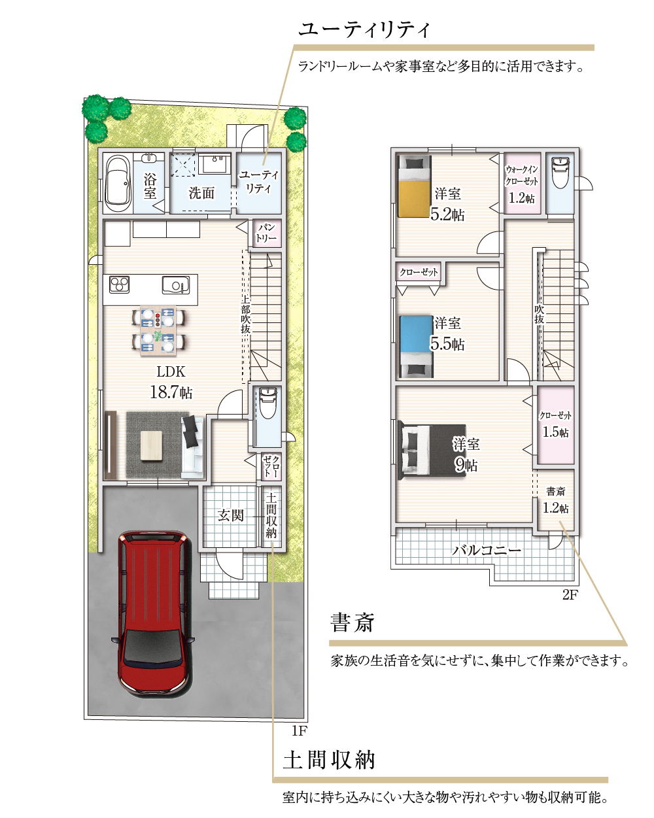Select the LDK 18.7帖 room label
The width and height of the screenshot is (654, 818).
[171, 383]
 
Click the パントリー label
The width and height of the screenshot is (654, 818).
[266, 233]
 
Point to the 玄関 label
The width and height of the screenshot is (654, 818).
[230, 515]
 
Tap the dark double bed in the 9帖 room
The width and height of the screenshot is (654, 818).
[432, 450]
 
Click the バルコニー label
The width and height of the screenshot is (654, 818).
[486, 550]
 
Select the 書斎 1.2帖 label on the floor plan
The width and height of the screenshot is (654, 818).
[555, 500]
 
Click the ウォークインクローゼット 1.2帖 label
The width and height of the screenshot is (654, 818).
[522, 185]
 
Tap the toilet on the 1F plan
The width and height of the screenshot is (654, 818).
[268, 403]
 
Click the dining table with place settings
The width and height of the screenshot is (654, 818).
[158, 330]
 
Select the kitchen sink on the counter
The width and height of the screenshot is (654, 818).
[176, 285]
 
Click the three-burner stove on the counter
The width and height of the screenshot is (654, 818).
[120, 284]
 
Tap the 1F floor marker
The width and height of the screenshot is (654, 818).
[299, 730]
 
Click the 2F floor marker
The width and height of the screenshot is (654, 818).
[570, 594]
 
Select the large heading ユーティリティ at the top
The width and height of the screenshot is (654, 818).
[364, 29]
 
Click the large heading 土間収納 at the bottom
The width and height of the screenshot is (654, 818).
[329, 760]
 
